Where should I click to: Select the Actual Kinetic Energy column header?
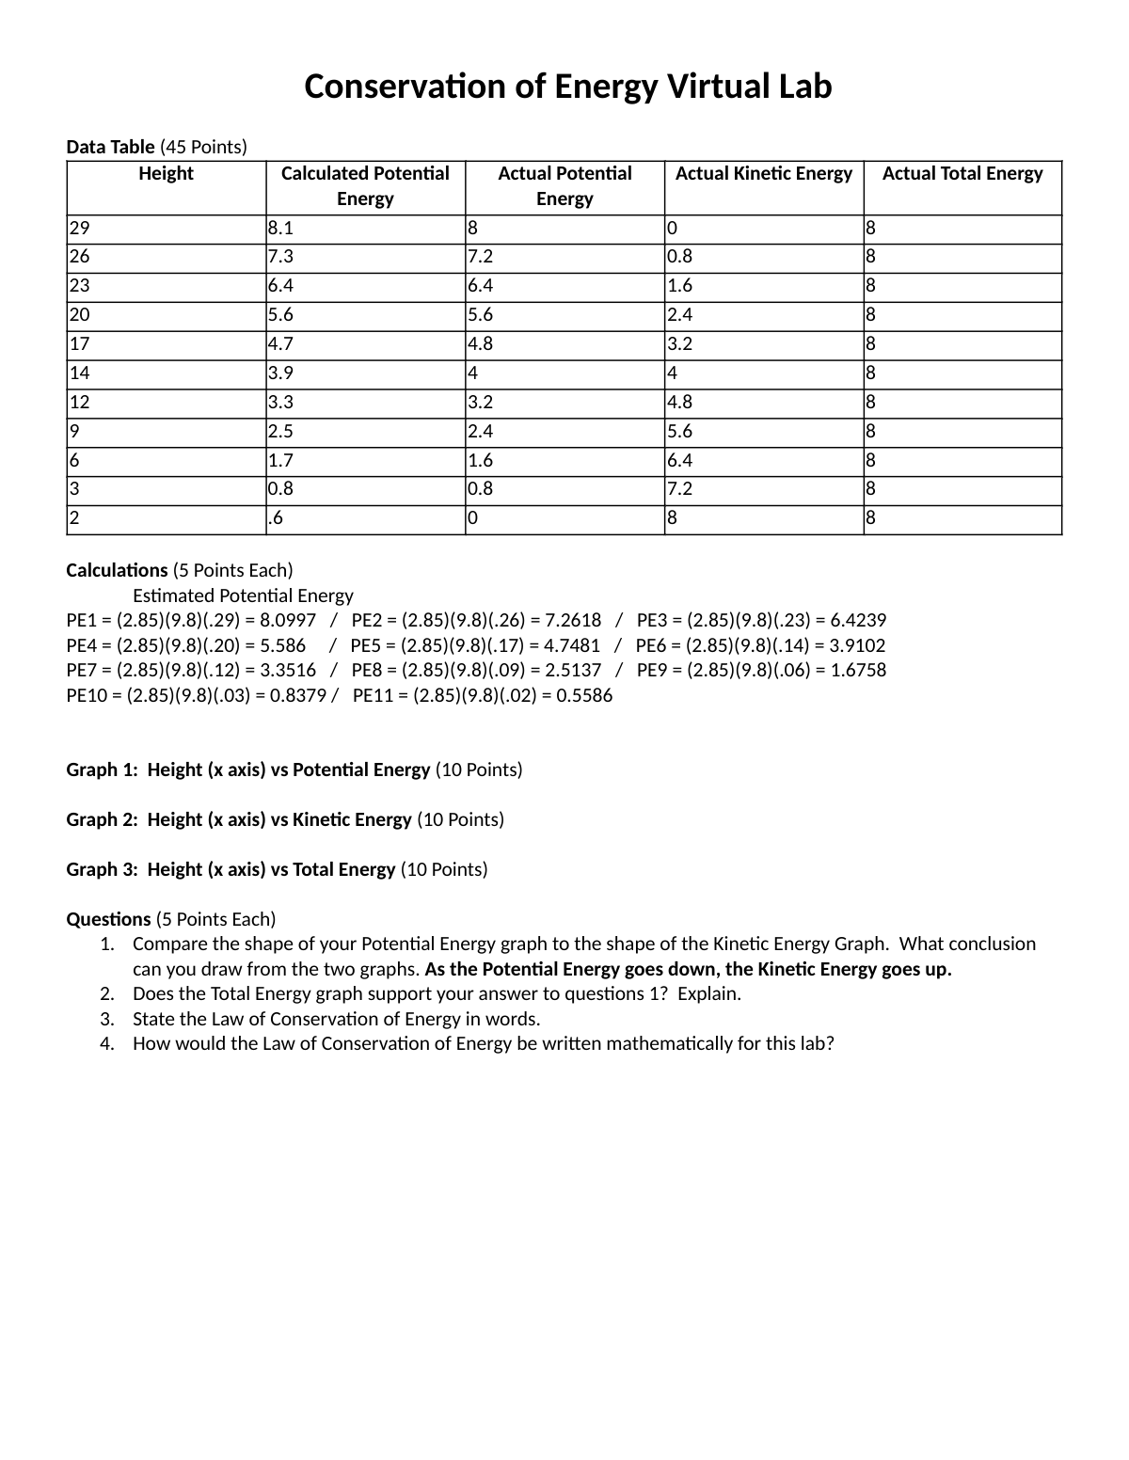pyautogui.click(x=763, y=174)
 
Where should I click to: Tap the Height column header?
pyautogui.click(x=166, y=174)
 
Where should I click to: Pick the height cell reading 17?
pyautogui.click(x=80, y=344)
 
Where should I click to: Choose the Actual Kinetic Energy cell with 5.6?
pyautogui.click(x=679, y=432)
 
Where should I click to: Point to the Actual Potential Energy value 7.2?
pyautogui.click(x=480, y=257)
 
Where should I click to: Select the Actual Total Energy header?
pyautogui.click(x=962, y=174)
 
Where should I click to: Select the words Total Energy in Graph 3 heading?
pyautogui.click(x=343, y=870)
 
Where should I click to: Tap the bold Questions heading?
pyautogui.click(x=108, y=920)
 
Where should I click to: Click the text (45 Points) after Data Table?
pyautogui.click(x=203, y=148)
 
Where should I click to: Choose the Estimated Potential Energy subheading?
pyautogui.click(x=243, y=596)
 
